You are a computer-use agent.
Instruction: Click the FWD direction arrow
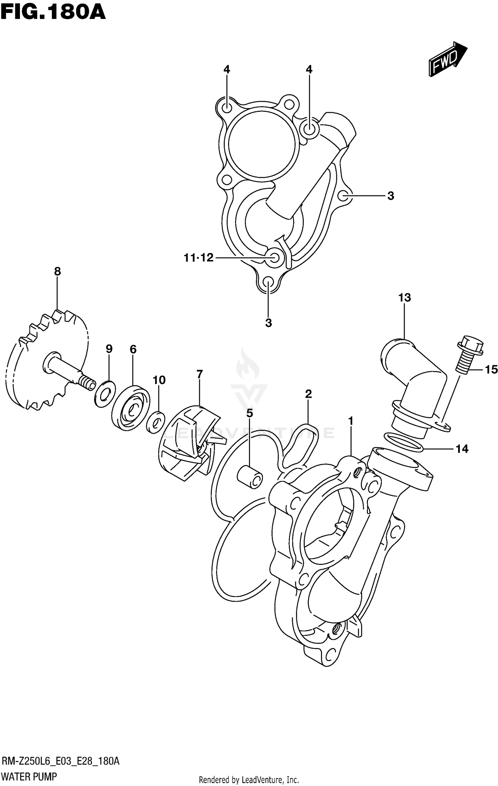tap(448, 59)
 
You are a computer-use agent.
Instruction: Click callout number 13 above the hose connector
tap(404, 298)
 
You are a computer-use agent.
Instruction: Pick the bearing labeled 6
tap(130, 407)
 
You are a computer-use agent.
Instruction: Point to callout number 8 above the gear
tap(57, 272)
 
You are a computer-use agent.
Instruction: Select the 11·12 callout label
tap(199, 257)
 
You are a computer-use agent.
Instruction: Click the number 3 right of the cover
tap(391, 196)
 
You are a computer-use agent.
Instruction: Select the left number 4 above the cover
tap(226, 69)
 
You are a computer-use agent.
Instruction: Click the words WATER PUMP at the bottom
tap(29, 776)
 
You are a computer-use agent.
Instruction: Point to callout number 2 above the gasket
tap(308, 394)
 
